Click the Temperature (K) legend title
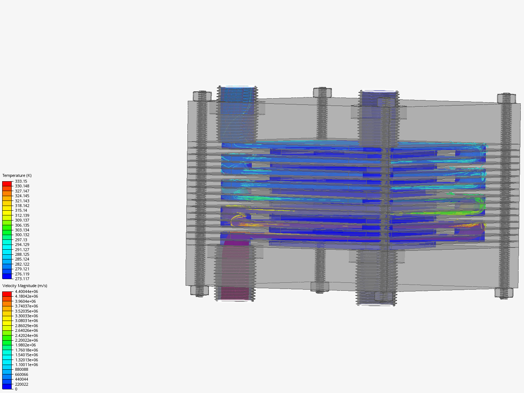pos(17,175)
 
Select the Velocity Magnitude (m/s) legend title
pos(25,286)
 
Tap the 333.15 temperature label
pos(21,181)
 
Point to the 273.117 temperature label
pos(22,279)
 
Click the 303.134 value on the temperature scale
pos(22,230)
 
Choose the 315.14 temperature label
pos(21,210)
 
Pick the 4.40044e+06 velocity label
pos(27,291)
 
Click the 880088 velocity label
pos(21,369)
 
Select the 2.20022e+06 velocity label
pos(27,340)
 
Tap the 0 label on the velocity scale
pos(16,389)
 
